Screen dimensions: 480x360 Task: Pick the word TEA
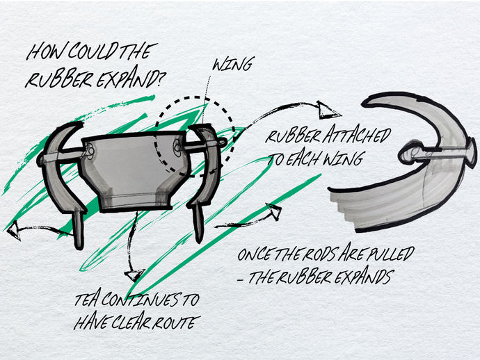pos(88,302)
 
